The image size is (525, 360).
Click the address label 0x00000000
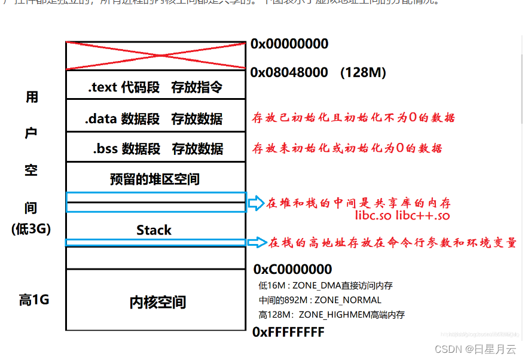tap(289, 44)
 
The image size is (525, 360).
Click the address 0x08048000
tap(289, 72)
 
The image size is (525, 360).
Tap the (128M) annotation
tap(363, 72)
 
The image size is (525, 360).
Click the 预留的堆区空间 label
tap(155, 179)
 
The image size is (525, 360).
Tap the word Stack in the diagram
tap(154, 230)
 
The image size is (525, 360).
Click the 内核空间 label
tap(158, 303)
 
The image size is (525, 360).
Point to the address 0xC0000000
tap(292, 269)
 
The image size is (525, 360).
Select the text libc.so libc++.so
tap(402, 215)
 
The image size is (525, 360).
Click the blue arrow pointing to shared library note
tap(255, 203)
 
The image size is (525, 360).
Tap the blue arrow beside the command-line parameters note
tap(257, 243)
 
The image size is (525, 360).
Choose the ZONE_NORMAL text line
tap(320, 300)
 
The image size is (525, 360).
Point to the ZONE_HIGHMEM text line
tap(331, 315)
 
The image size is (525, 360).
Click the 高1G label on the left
tap(34, 300)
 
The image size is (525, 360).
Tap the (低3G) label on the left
tap(32, 228)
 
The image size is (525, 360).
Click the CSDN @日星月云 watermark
tap(475, 349)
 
